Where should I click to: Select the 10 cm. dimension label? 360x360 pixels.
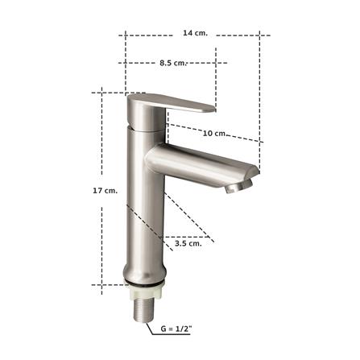[x=215, y=133]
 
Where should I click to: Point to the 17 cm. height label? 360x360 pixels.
[x=105, y=190]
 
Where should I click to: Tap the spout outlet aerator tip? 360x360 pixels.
[x=235, y=188]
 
